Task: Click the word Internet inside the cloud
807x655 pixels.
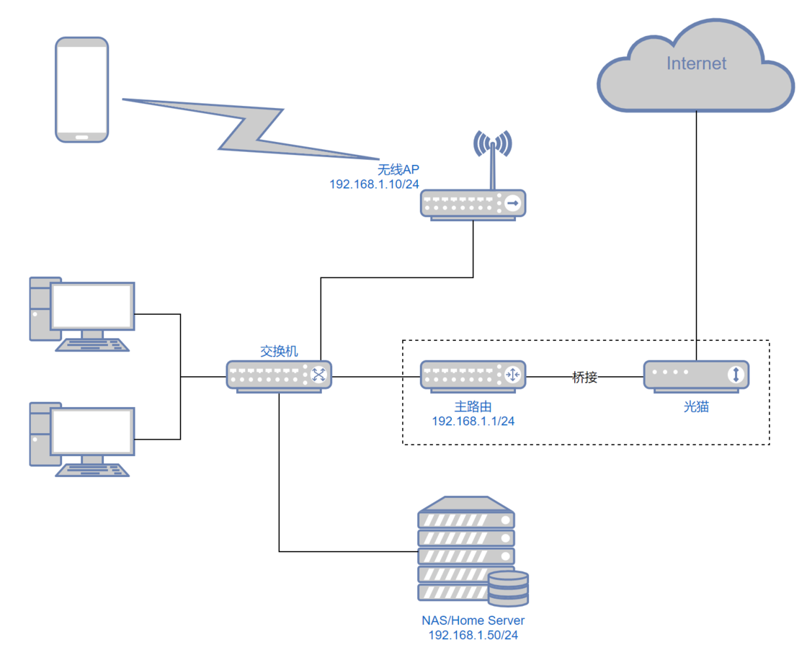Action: [696, 63]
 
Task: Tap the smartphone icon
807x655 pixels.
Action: [82, 89]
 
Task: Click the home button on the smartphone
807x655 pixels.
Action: [82, 136]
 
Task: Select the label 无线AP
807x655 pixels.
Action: [398, 170]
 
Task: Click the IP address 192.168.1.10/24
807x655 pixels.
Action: [374, 184]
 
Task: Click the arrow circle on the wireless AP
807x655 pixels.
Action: [512, 204]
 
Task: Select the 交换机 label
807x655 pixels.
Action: [279, 352]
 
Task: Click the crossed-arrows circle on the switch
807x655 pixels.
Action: [318, 375]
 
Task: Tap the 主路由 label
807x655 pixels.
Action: [473, 407]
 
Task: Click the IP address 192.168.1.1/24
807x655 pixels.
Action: [473, 421]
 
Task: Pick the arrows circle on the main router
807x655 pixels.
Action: [512, 375]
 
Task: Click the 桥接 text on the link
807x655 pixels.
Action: [584, 376]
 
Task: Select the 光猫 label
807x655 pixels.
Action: [696, 407]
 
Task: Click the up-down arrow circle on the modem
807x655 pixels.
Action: [736, 375]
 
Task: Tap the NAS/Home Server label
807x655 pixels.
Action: [473, 620]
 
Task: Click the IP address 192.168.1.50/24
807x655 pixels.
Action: [473, 635]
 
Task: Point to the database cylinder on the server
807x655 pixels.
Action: [508, 587]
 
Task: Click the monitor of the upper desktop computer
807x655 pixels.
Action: [92, 306]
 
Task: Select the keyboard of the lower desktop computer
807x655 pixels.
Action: [93, 469]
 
